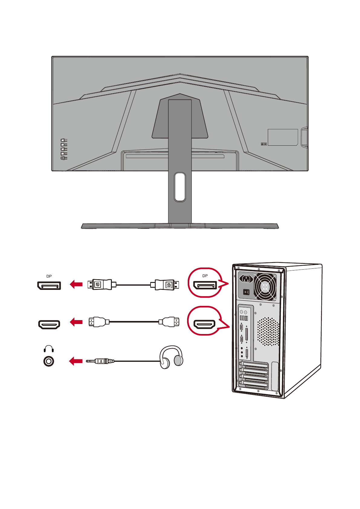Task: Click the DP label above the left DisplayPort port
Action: (49, 276)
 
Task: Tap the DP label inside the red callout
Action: (205, 276)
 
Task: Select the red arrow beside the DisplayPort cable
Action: (76, 284)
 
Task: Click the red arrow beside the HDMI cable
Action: (76, 322)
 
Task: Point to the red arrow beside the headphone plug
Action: (76, 361)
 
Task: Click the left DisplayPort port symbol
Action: (49, 285)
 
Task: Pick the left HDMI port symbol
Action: (49, 324)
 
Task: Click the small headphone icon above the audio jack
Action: (49, 349)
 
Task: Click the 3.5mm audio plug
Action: (100, 361)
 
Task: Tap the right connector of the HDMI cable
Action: (169, 322)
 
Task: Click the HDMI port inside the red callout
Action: (205, 324)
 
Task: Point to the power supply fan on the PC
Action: (265, 286)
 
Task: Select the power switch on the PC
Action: (246, 292)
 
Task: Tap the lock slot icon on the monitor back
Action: (264, 144)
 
